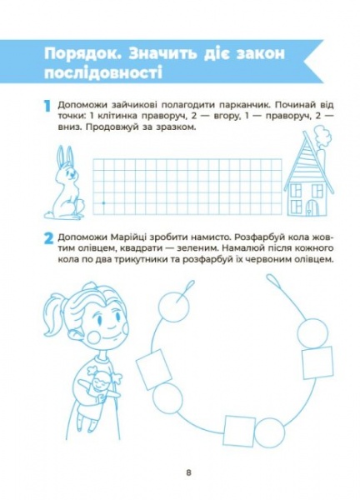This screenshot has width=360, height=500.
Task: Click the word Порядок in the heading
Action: coord(84,54)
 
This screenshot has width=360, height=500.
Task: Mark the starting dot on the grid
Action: coord(102,202)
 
